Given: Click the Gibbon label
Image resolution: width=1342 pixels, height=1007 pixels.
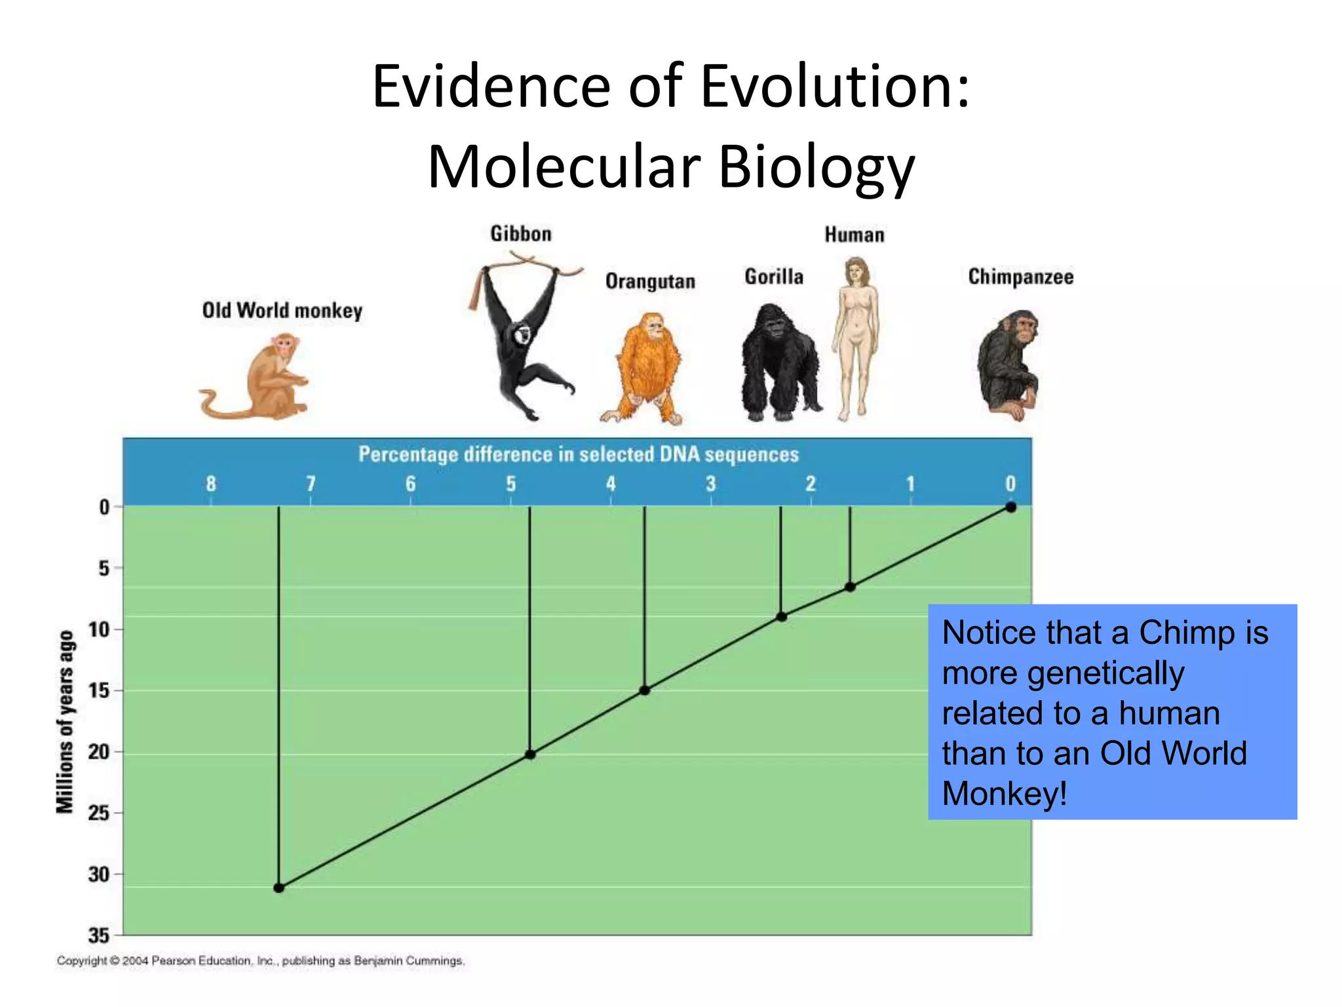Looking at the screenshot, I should (x=521, y=234).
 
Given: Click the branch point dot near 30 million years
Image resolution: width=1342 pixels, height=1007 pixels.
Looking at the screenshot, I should (x=278, y=888).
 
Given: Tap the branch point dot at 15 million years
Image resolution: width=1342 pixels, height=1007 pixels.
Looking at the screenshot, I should (x=645, y=690).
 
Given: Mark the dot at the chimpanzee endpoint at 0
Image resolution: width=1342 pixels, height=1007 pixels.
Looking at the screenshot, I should (x=1011, y=507).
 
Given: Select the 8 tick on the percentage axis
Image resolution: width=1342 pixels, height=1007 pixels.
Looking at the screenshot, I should (x=210, y=484).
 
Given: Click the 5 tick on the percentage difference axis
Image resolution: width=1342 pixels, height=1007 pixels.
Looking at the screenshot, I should (x=510, y=484).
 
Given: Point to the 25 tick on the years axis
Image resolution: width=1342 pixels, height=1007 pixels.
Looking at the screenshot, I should (x=99, y=813).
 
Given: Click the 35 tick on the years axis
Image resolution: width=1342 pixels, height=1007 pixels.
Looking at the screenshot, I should (x=99, y=936).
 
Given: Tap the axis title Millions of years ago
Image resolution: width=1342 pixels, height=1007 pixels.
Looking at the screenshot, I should (x=66, y=721).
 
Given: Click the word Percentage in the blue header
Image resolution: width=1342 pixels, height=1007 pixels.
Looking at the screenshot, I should (x=406, y=454).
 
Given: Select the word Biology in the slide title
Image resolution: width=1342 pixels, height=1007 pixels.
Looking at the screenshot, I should (x=816, y=167).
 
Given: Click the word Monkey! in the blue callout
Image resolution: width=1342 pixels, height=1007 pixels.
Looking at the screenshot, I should (x=1004, y=794).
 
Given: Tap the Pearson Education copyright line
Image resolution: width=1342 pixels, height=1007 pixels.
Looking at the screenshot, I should (x=260, y=960).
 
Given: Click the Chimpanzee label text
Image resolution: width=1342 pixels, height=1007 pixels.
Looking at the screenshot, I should (x=1020, y=277).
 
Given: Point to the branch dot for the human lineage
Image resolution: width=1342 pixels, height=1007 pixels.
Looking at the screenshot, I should (x=850, y=587).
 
